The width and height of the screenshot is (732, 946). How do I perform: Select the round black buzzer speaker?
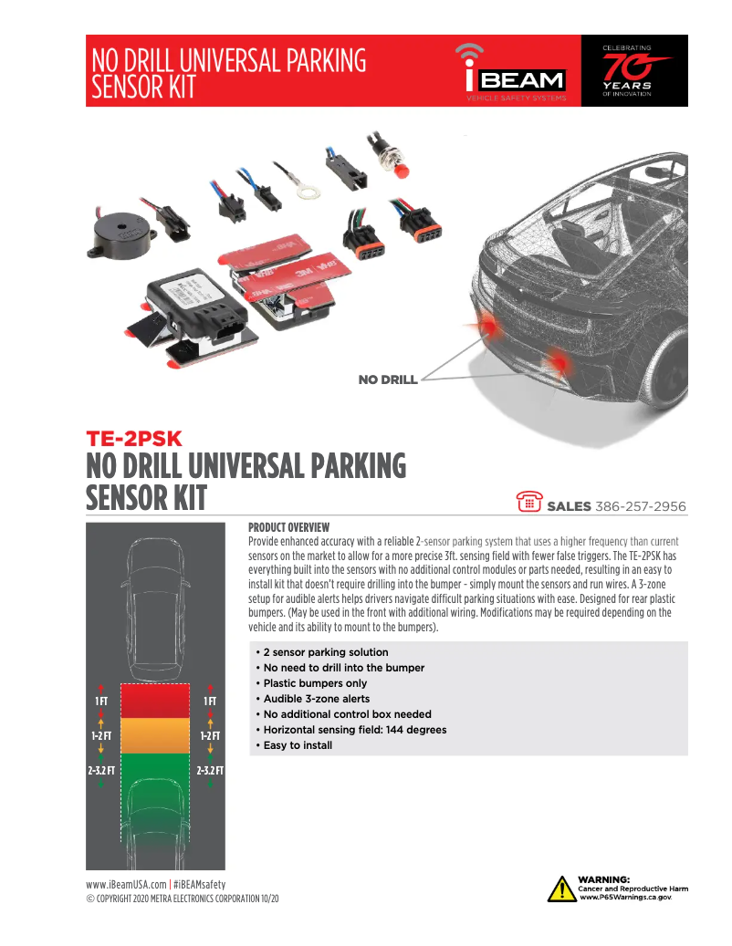click(119, 234)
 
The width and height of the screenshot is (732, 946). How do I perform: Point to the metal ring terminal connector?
click(308, 192)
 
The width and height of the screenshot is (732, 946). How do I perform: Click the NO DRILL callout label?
click(387, 379)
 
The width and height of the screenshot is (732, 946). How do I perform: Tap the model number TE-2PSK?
click(134, 439)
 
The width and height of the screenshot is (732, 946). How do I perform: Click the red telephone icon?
click(529, 502)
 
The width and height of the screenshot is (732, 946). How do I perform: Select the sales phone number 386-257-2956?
click(641, 506)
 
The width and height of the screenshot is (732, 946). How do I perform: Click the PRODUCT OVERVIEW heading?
click(288, 526)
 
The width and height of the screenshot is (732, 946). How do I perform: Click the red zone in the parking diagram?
click(155, 701)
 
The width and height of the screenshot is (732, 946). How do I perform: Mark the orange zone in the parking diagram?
click(155, 735)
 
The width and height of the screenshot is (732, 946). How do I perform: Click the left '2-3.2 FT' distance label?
click(100, 771)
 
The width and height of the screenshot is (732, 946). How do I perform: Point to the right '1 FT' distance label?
click(209, 701)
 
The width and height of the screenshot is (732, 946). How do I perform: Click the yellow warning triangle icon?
click(561, 889)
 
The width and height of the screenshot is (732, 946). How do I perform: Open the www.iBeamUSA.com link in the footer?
click(126, 885)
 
